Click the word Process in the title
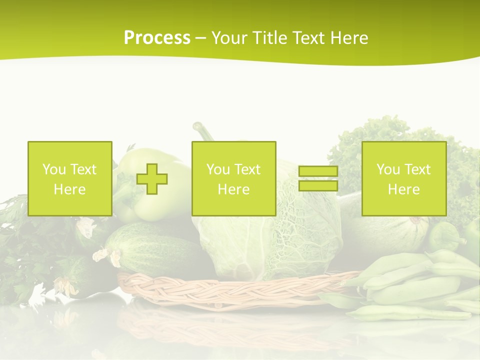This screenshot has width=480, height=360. (157, 38)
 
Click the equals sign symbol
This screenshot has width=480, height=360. (318, 178)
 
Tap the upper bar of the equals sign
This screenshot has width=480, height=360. (318, 171)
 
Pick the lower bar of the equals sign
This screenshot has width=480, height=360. (318, 186)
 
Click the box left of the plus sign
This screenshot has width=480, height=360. (70, 179)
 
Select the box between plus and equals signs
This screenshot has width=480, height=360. (233, 179)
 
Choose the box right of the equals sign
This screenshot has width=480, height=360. (404, 179)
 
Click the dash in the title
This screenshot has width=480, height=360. (201, 38)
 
